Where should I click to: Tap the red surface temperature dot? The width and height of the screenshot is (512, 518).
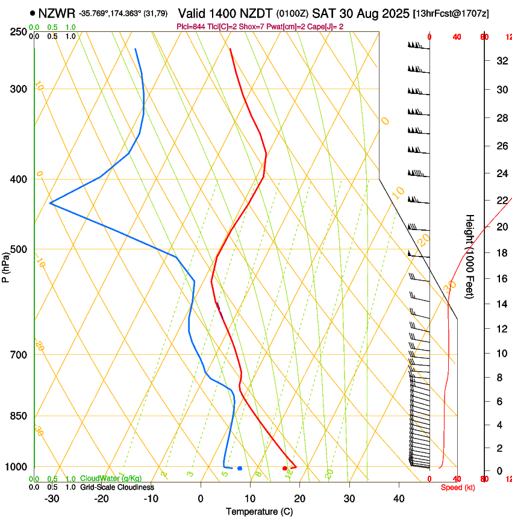point(285,468)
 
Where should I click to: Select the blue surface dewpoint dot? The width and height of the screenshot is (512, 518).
point(240,468)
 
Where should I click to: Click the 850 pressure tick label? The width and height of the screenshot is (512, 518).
point(19,416)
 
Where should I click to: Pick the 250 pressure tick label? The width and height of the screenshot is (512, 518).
point(19,32)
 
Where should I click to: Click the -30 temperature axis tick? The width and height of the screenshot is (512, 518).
point(52,499)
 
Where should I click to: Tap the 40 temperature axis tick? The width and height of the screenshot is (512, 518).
point(399,499)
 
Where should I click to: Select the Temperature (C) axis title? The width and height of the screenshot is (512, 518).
point(259,512)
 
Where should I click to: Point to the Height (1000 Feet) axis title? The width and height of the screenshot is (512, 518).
point(470,256)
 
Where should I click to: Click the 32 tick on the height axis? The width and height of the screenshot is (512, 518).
point(501,61)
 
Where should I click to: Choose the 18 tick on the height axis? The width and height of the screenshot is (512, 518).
point(501,253)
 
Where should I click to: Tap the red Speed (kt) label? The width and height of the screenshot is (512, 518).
point(458,487)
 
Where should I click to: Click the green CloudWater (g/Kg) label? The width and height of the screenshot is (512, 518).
point(111,478)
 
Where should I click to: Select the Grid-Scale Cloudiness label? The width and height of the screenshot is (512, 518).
point(116,487)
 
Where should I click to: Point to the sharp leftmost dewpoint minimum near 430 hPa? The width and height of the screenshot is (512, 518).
point(51,204)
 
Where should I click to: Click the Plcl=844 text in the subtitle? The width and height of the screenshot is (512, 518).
point(191,27)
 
